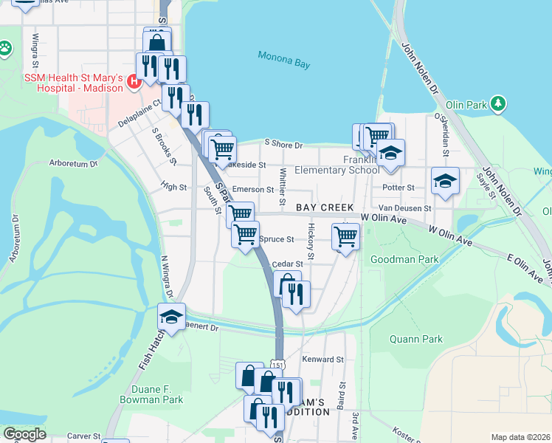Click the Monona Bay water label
[x=284, y=59]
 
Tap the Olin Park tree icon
[x=500, y=104]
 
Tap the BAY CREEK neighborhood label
[x=325, y=208]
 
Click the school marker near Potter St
[x=445, y=181]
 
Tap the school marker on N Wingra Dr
[x=171, y=317]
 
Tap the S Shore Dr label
[x=283, y=145]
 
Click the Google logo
[x=24, y=434]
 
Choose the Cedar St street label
[x=287, y=264]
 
